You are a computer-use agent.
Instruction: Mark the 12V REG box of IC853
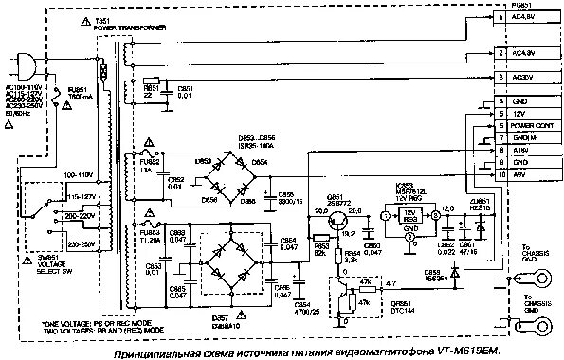click(x=409, y=213)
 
